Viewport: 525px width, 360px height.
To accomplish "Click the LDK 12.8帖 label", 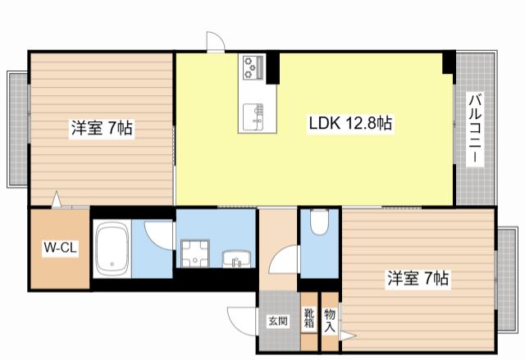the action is tap(350, 124).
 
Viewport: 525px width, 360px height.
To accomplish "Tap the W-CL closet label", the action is tap(60, 248).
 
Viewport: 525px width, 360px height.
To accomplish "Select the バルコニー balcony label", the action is tap(476, 130).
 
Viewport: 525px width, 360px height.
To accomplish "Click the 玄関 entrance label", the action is tap(278, 321).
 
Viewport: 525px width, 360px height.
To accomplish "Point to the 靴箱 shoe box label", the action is tap(309, 318).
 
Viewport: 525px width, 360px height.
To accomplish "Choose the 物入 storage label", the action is tap(330, 320).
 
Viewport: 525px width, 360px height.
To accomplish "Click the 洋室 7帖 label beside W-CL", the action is tap(102, 128).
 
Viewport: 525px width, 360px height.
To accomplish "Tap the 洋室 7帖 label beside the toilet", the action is tap(418, 278).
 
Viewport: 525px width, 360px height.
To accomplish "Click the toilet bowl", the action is tap(319, 221).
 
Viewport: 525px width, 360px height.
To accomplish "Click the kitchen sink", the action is tap(253, 117).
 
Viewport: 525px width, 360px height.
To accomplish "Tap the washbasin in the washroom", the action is tap(236, 260).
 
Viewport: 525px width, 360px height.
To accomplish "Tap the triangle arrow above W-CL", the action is tap(57, 200).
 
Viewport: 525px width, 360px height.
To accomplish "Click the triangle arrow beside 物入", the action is tap(347, 336).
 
